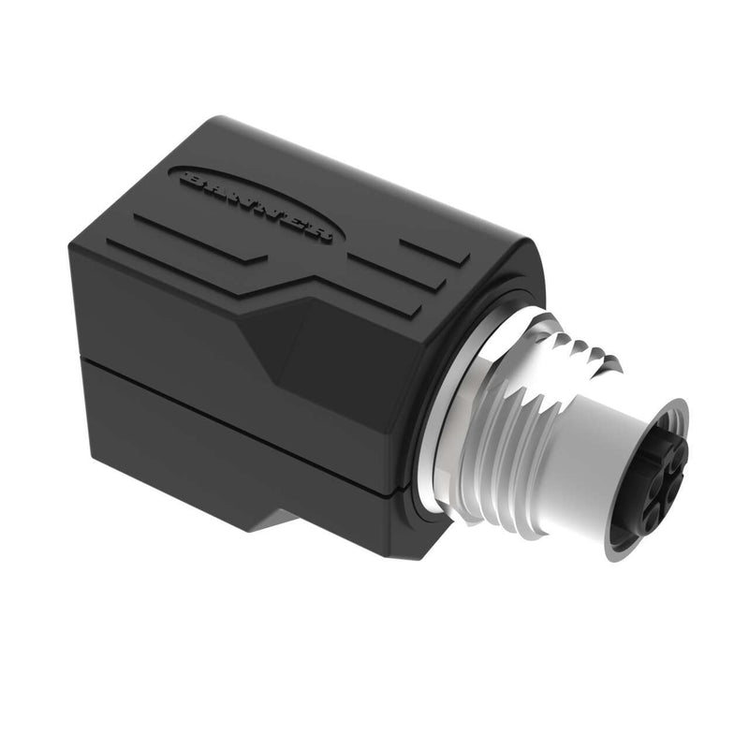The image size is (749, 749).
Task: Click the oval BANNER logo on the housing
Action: point(252,205)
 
